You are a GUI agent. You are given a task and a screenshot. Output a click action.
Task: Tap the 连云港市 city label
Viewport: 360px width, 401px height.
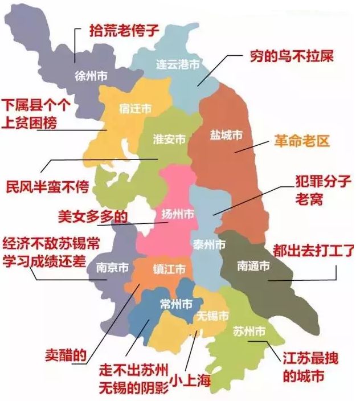[x=179, y=65]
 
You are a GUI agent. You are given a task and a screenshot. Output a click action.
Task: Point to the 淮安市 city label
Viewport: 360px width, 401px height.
[x=169, y=140]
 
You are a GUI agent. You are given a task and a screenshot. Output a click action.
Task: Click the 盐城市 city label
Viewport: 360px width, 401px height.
[x=226, y=135]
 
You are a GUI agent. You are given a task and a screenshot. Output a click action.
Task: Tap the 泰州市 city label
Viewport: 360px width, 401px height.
[x=208, y=245]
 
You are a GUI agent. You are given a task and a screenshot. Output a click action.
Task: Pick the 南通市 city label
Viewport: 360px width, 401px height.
[x=253, y=265]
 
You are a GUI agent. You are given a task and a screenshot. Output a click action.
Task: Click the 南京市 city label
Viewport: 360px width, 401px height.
[x=112, y=267]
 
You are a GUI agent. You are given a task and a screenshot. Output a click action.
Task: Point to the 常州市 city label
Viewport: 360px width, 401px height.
[x=175, y=303]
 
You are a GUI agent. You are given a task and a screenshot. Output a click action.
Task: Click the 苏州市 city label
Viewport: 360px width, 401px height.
[x=249, y=331]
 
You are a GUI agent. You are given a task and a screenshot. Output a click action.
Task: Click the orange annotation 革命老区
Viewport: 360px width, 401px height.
[x=302, y=141]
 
